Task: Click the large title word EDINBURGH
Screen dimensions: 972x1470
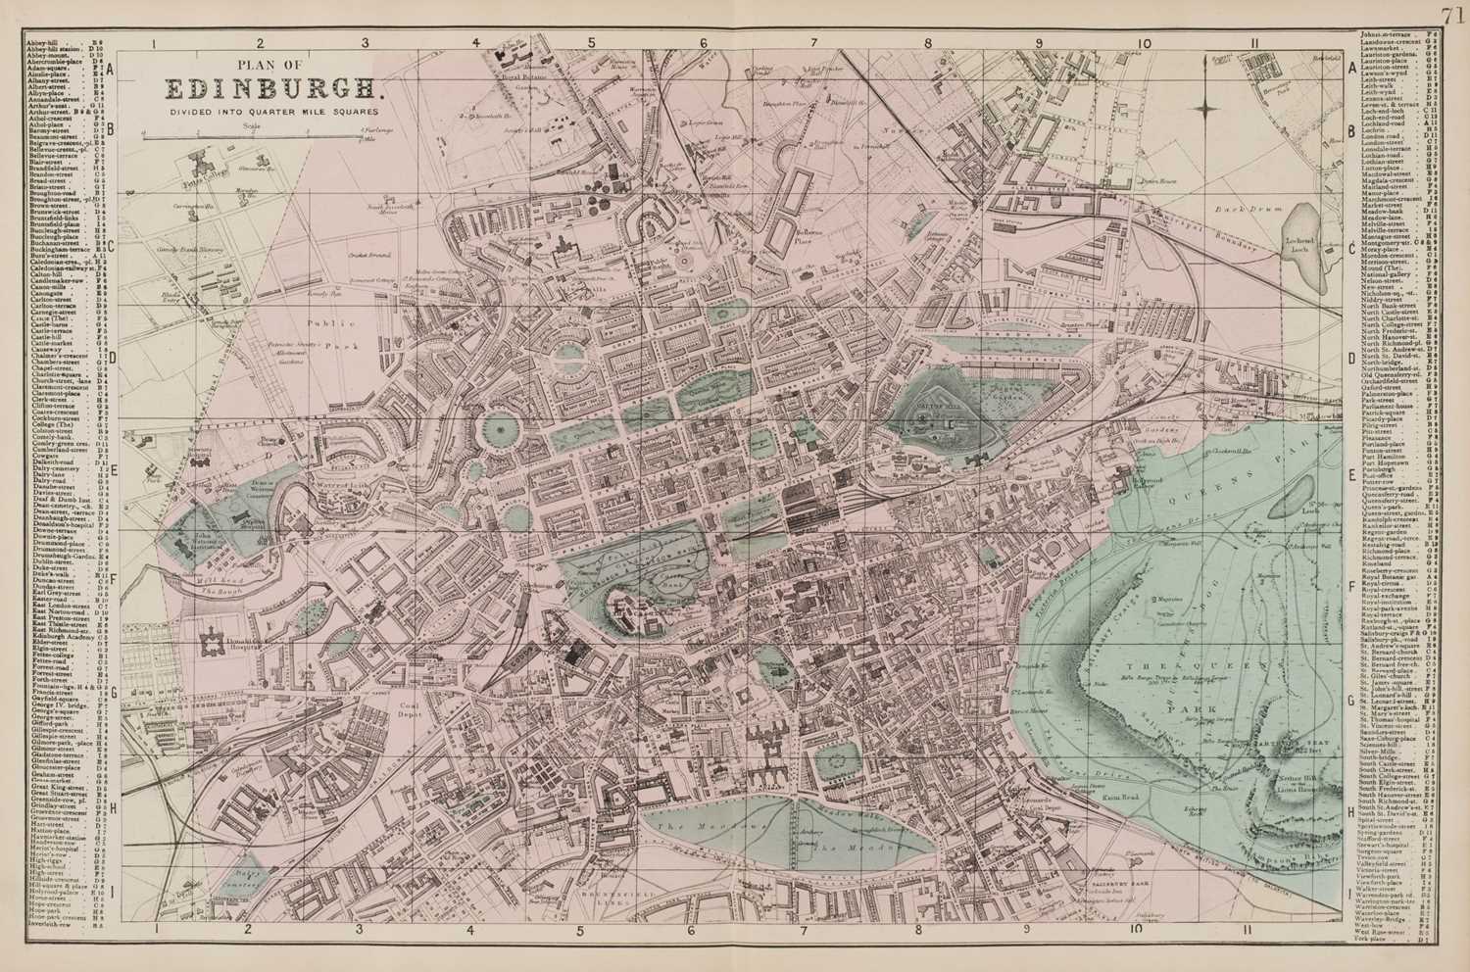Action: point(271,89)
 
